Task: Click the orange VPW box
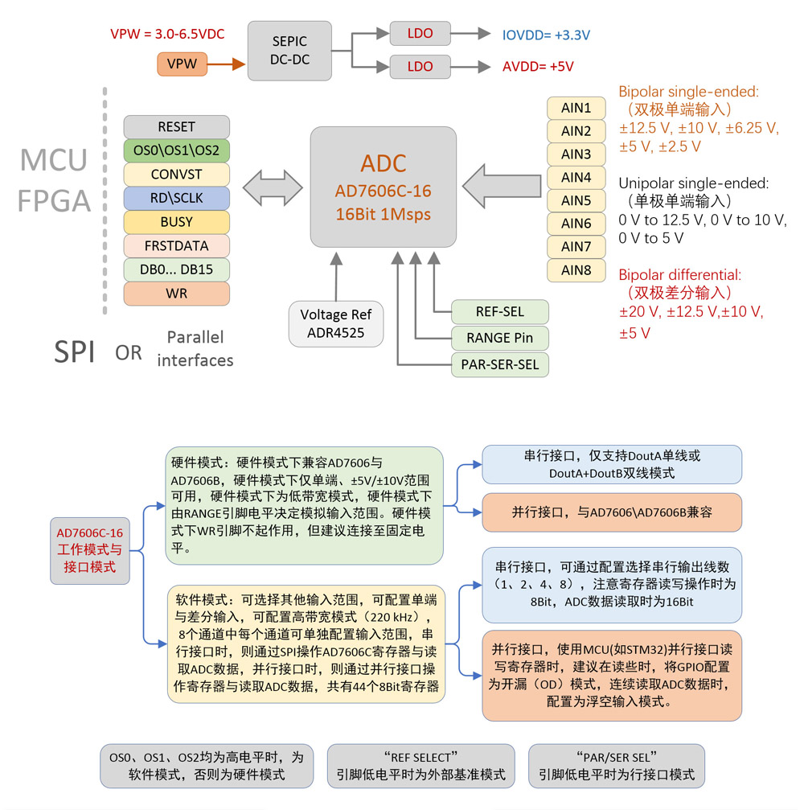point(183,64)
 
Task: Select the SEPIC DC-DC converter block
point(289,51)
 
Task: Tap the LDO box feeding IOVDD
point(420,34)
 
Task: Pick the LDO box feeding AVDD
point(420,66)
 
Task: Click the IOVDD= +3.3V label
point(546,35)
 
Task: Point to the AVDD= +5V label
point(538,67)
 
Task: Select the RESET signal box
point(176,127)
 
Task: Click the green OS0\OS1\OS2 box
point(176,150)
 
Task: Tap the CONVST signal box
point(176,174)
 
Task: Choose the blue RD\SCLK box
point(176,198)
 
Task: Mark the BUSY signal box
point(176,221)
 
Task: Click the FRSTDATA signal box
point(176,245)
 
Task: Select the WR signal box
point(176,293)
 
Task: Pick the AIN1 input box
point(576,108)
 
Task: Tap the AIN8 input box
point(576,270)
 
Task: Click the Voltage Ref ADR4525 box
point(336,323)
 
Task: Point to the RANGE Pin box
point(499,338)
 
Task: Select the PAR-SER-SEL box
point(499,364)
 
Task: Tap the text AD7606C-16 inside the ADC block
point(383,191)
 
